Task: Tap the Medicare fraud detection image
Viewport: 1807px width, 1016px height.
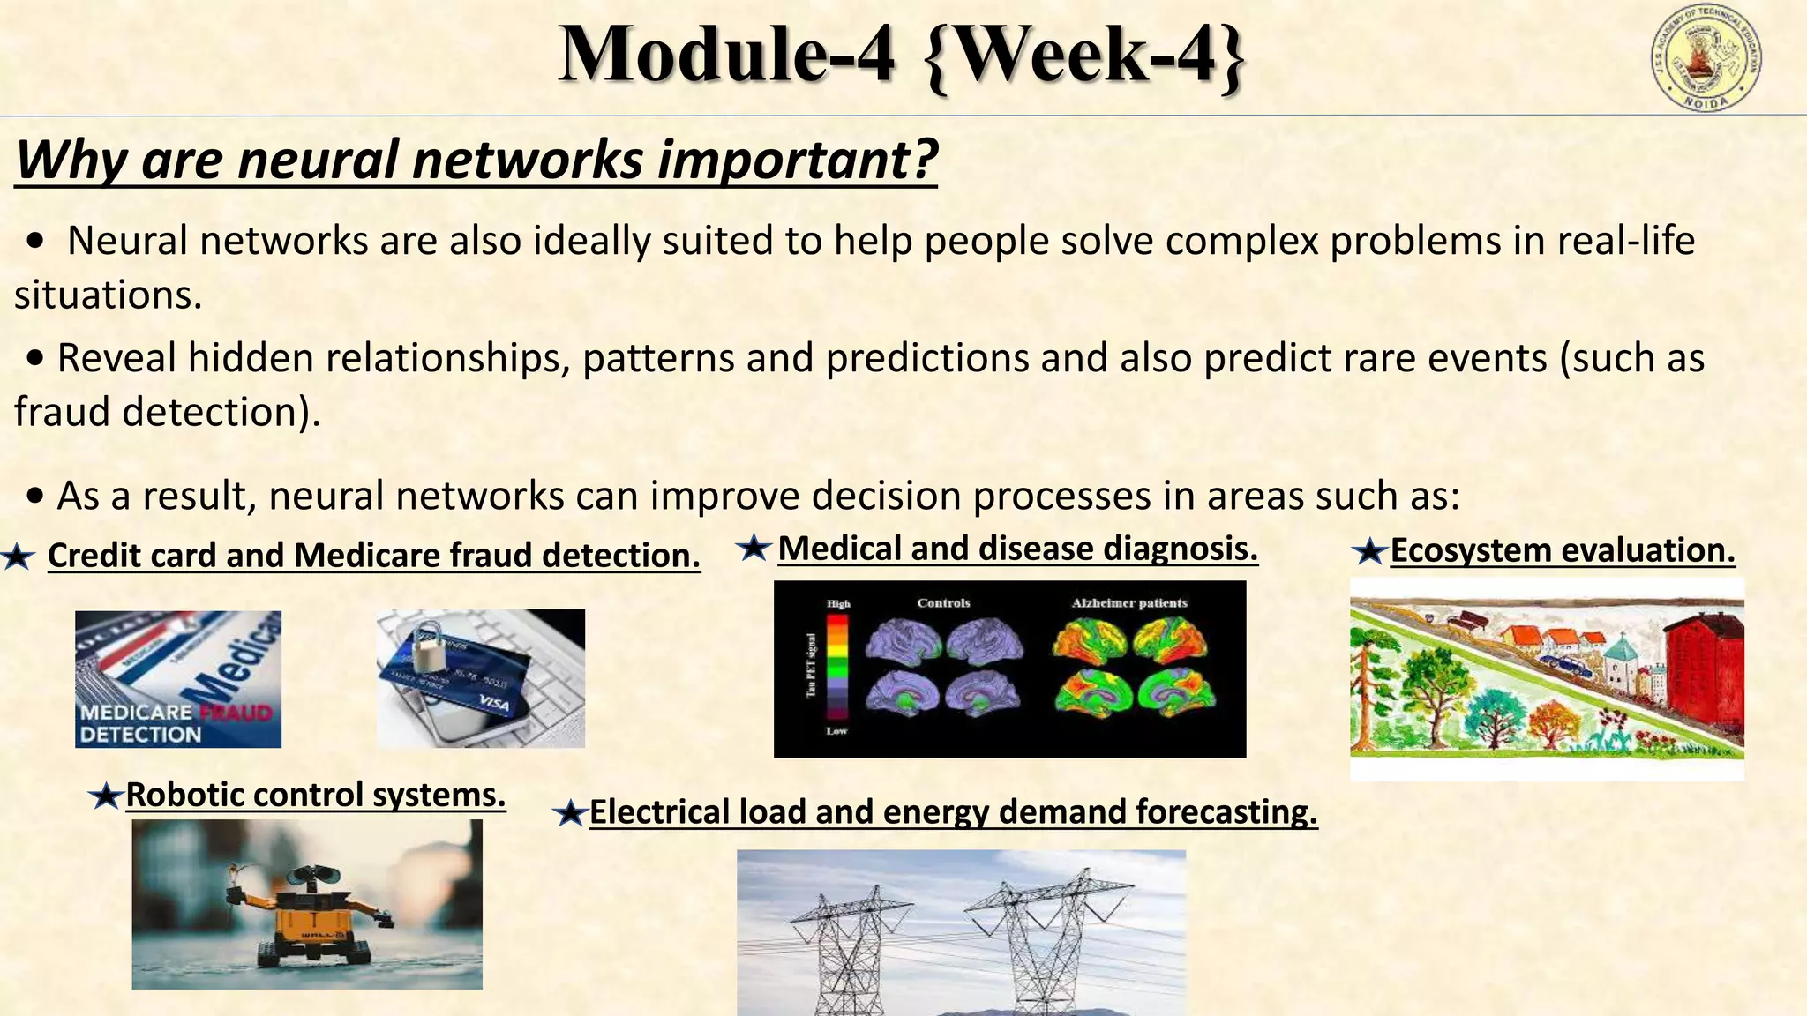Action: pyautogui.click(x=178, y=679)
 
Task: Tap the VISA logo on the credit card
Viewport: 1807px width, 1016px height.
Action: pyautogui.click(x=495, y=702)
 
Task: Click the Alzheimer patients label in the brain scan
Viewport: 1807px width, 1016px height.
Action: pyautogui.click(x=1129, y=603)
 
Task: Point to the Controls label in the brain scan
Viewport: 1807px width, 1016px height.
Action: pyautogui.click(x=943, y=603)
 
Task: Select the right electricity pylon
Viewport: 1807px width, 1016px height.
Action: pyautogui.click(x=1050, y=944)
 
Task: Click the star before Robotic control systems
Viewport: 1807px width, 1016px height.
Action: pyautogui.click(x=106, y=797)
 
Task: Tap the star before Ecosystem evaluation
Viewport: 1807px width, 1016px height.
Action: pyautogui.click(x=1369, y=553)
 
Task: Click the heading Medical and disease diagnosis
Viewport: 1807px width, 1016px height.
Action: pyautogui.click(x=1017, y=549)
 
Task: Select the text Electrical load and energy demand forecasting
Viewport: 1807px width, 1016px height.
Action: pyautogui.click(x=953, y=811)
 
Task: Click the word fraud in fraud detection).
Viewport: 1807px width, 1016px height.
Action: pyautogui.click(x=62, y=412)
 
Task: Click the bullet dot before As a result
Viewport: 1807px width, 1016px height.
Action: pyautogui.click(x=35, y=497)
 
